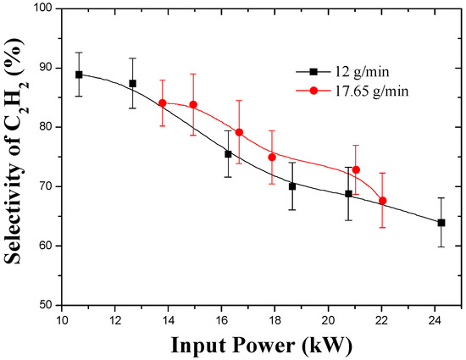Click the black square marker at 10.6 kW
pyautogui.click(x=79, y=75)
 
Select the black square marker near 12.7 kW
pyautogui.click(x=133, y=83)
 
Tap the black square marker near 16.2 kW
pyautogui.click(x=228, y=154)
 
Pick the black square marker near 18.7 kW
pyautogui.click(x=292, y=186)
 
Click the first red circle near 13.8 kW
pyautogui.click(x=163, y=103)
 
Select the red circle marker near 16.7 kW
pyautogui.click(x=239, y=132)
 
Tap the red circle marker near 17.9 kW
pyautogui.click(x=272, y=157)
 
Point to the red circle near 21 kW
pyautogui.click(x=356, y=170)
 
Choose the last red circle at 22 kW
pyautogui.click(x=383, y=201)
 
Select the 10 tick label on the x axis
pyautogui.click(x=61, y=319)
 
